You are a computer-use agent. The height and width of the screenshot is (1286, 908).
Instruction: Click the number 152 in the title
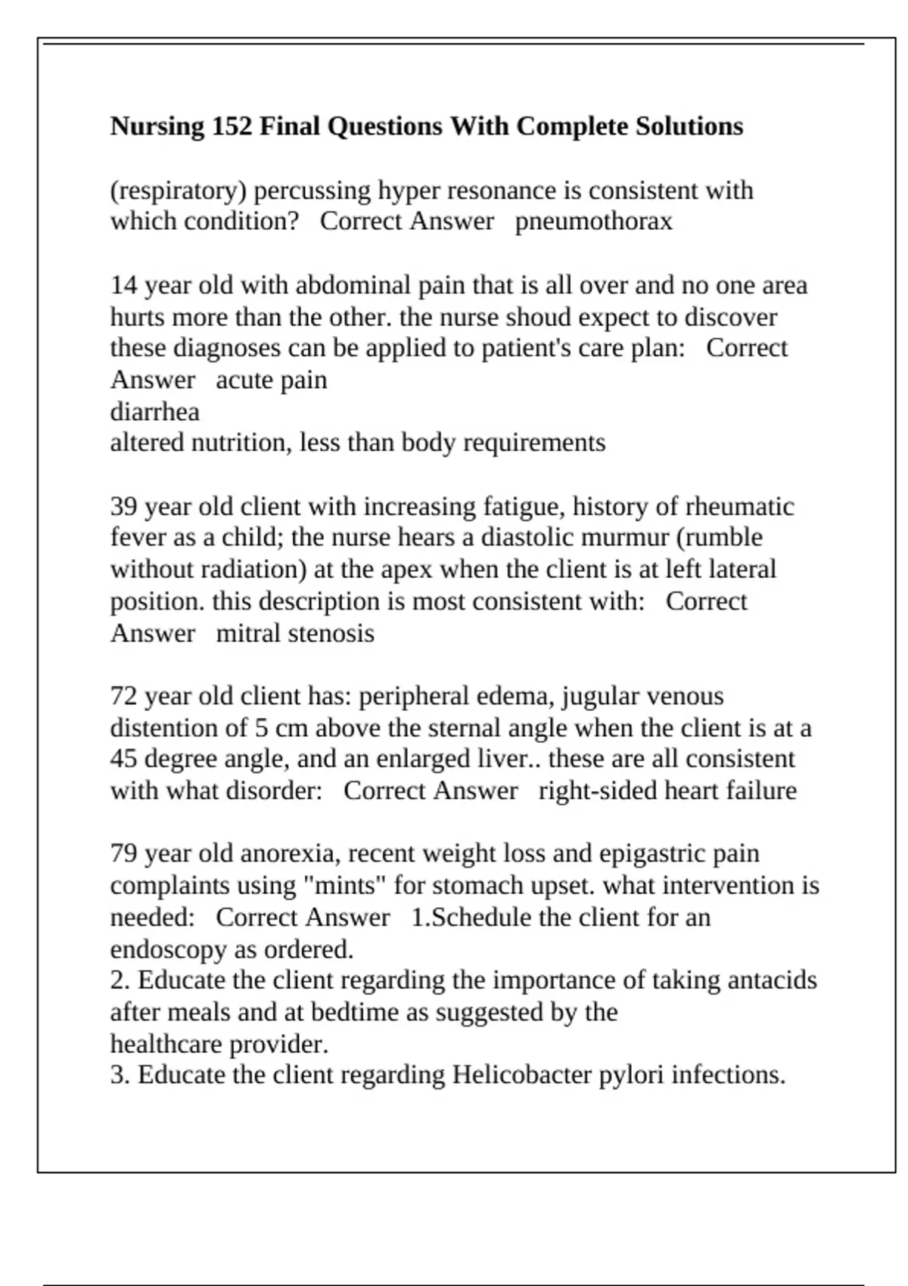(x=232, y=126)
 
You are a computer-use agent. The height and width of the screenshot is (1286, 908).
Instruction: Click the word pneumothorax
(x=593, y=222)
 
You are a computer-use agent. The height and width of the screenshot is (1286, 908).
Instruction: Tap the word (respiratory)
(x=179, y=191)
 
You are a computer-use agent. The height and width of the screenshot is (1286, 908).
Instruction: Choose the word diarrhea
(x=155, y=412)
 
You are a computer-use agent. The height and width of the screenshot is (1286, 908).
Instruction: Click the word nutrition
(x=241, y=443)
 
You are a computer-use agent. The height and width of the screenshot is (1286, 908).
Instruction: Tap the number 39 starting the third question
(x=124, y=507)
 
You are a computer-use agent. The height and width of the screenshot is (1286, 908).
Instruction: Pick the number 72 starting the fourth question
(x=124, y=696)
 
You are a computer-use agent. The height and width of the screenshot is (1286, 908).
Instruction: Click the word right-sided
(x=597, y=791)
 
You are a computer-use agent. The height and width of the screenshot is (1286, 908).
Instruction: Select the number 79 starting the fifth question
(x=124, y=854)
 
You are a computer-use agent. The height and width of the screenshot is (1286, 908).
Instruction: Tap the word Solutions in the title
(x=689, y=126)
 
